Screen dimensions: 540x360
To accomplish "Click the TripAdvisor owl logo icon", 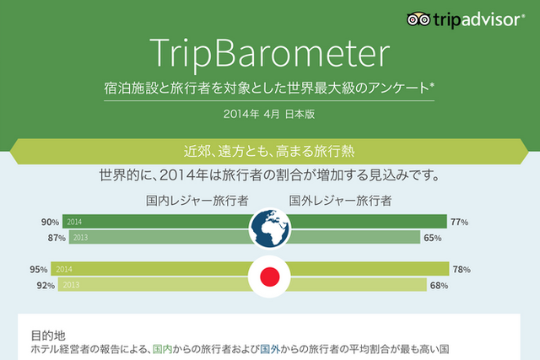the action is (418, 19).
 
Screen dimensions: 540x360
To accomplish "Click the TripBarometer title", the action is (269, 54).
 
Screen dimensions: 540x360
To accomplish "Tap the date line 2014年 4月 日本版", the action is (269, 114).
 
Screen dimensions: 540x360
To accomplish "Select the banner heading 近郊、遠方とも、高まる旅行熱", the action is (269, 152).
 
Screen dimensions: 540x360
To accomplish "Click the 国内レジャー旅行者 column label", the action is (197, 201).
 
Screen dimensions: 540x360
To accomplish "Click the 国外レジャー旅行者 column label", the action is (340, 201).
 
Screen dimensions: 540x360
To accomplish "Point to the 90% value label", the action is (50, 223).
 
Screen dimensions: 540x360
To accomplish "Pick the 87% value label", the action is (57, 238).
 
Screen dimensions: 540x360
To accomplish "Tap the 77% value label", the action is (459, 223).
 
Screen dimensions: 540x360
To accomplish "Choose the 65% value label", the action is (433, 238).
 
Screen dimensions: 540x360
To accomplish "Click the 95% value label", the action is (39, 270).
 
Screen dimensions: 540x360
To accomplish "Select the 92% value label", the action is (46, 285).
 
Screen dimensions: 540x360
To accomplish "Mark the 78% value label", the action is (462, 270).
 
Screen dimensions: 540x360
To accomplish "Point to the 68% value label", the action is (439, 285).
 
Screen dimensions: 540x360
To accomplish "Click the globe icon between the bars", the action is (270, 228).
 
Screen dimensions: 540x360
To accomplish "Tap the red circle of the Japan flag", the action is (270, 277).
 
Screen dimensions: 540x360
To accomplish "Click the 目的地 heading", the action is (48, 336).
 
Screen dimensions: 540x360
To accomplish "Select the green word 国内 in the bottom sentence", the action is (162, 349).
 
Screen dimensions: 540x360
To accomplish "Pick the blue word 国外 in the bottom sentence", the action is (270, 349).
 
